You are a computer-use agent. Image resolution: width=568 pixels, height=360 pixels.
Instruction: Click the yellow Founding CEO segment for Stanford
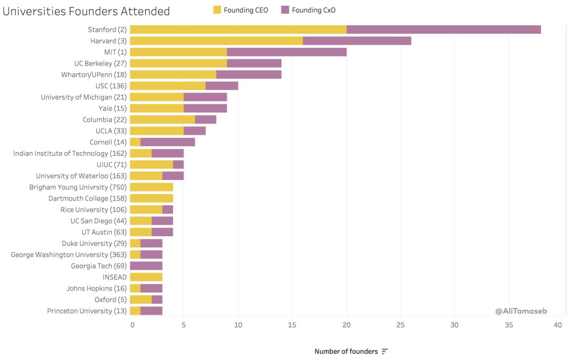pyautogui.click(x=238, y=29)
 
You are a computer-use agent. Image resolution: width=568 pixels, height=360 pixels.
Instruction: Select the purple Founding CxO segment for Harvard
pyautogui.click(x=357, y=41)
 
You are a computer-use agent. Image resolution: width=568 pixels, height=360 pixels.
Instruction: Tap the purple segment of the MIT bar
pyautogui.click(x=287, y=52)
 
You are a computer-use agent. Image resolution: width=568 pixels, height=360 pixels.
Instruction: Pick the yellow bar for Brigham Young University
pyautogui.click(x=151, y=187)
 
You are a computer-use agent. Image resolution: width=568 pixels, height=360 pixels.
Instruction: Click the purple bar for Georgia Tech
pyautogui.click(x=146, y=266)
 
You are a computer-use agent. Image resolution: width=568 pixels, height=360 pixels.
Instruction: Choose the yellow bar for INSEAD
pyautogui.click(x=146, y=277)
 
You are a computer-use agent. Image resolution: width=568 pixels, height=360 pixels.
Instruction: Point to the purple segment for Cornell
pyautogui.click(x=168, y=142)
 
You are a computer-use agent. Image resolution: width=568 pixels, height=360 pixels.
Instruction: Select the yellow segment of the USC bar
pyautogui.click(x=168, y=86)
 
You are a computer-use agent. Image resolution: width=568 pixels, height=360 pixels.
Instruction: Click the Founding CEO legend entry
pyautogui.click(x=240, y=10)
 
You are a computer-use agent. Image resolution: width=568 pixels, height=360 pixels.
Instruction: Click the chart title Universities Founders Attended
pyautogui.click(x=86, y=11)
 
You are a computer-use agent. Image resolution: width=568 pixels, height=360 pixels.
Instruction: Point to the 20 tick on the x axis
pyautogui.click(x=347, y=325)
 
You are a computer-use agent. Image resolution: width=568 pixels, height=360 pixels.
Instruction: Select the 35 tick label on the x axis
pyautogui.click(x=509, y=325)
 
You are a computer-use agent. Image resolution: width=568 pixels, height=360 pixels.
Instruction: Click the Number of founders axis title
pyautogui.click(x=346, y=351)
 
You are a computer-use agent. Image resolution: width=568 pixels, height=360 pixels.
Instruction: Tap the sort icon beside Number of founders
pyautogui.click(x=385, y=351)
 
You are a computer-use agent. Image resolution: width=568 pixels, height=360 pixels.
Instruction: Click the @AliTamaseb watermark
pyautogui.click(x=521, y=311)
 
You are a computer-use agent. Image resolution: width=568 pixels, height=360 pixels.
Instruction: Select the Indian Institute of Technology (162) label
pyautogui.click(x=70, y=153)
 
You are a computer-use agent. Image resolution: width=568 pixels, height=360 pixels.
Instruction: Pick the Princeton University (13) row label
pyautogui.click(x=87, y=311)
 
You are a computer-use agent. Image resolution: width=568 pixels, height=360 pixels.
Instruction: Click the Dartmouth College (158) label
pyautogui.click(x=87, y=198)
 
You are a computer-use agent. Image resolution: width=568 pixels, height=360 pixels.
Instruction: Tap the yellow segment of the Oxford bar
pyautogui.click(x=141, y=299)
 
